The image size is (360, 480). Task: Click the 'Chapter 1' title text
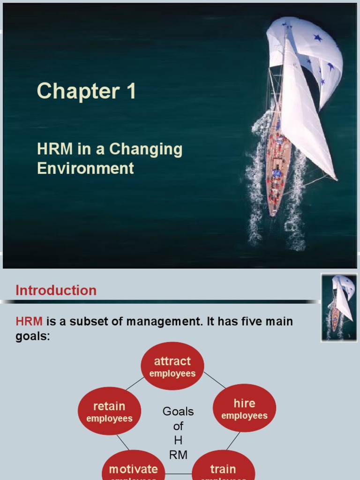86,91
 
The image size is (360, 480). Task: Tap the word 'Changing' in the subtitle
146,150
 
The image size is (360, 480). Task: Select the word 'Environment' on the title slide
85,168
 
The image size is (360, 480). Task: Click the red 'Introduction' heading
56,290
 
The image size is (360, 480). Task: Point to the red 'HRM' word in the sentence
29,322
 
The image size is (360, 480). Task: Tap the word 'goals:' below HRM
33,336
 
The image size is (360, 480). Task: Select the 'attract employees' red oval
172,366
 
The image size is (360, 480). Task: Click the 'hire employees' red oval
244,408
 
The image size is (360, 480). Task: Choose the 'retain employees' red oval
109,411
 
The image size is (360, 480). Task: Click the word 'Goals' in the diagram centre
178,412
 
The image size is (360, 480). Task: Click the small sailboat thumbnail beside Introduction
340,307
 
